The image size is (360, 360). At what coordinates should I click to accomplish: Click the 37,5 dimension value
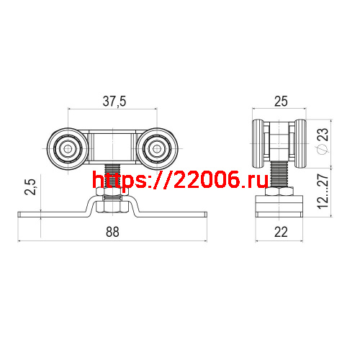(x=113, y=102)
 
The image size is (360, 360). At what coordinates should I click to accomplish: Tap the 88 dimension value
(x=112, y=232)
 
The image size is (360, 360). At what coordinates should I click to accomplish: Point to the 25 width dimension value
(x=281, y=102)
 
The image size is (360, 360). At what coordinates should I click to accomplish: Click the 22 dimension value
(x=281, y=232)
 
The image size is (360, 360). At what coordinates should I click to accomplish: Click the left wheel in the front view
(x=68, y=149)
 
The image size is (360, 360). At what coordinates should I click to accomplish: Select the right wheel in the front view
(x=156, y=149)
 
